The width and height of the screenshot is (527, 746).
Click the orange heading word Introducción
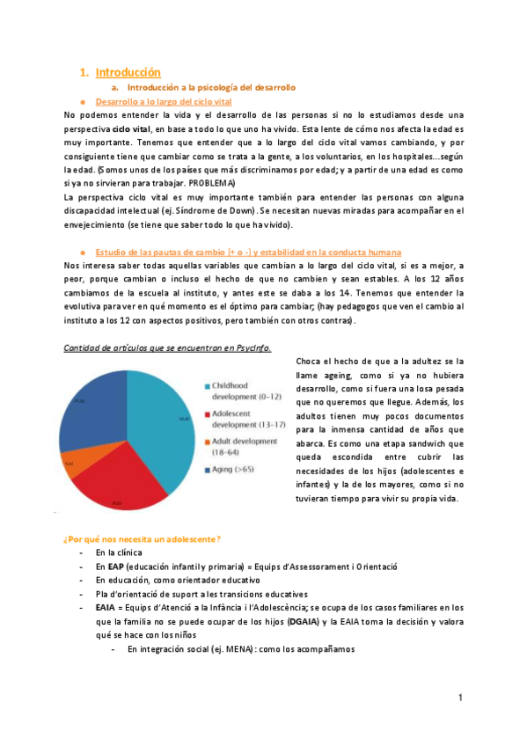tap(128, 72)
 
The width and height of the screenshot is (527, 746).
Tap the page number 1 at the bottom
tap(460, 698)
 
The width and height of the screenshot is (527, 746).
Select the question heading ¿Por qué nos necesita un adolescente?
tap(141, 538)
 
